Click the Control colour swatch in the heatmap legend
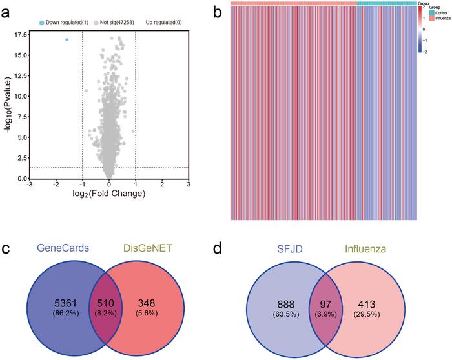click(431, 12)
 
